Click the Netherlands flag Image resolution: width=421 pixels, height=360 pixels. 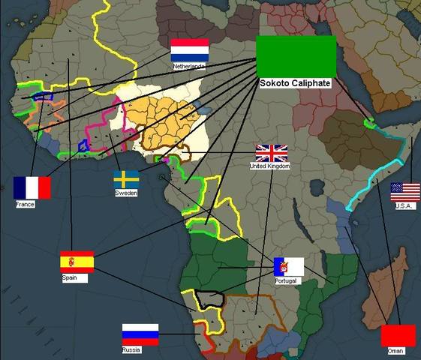click(x=189, y=50)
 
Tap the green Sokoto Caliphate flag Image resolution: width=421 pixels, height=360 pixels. click(x=296, y=55)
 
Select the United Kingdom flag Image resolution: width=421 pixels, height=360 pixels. click(x=272, y=153)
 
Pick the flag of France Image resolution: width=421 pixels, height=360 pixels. click(x=32, y=187)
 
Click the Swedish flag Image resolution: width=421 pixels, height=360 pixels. click(x=126, y=179)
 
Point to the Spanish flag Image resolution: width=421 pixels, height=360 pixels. click(x=77, y=262)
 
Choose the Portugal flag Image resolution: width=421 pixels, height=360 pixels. click(x=289, y=267)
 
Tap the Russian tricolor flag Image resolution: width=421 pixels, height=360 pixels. click(x=140, y=334)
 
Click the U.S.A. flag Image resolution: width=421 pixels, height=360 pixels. click(x=405, y=192)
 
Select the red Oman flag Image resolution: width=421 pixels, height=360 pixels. click(x=398, y=335)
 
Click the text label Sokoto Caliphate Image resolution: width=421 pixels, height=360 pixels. click(x=295, y=83)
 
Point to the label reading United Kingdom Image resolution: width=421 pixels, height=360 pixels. click(x=269, y=166)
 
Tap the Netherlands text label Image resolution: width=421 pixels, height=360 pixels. click(x=188, y=66)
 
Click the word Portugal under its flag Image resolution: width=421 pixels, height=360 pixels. click(x=286, y=280)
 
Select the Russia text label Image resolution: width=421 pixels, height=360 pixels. click(x=131, y=350)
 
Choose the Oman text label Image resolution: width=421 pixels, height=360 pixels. click(x=395, y=350)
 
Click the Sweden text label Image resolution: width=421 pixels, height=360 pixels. click(x=126, y=193)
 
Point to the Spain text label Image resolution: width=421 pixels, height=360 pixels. click(x=70, y=277)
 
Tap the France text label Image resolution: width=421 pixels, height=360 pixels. click(x=25, y=203)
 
